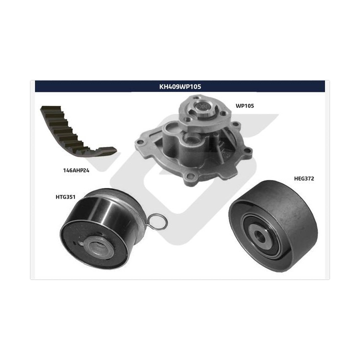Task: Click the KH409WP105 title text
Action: pyautogui.click(x=180, y=86)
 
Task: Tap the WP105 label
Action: pyautogui.click(x=244, y=106)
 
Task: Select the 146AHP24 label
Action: pyautogui.click(x=76, y=170)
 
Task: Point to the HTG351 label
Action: pyautogui.click(x=65, y=197)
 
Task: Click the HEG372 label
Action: pyautogui.click(x=304, y=178)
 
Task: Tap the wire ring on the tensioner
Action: pyautogui.click(x=158, y=221)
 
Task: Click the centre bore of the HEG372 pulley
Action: pyautogui.click(x=260, y=236)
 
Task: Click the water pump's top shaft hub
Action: pyautogui.click(x=202, y=106)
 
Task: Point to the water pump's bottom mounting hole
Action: pyautogui.click(x=190, y=177)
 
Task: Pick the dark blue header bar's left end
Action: pyautogui.click(x=35, y=86)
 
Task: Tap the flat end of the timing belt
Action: pyautogui.click(x=107, y=151)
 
